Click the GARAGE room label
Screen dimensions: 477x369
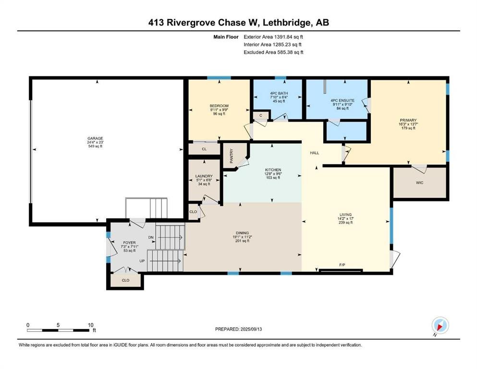tap(95, 138)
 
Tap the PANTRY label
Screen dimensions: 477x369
tap(232, 156)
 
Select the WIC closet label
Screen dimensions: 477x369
tap(419, 183)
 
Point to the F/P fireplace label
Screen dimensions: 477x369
tap(342, 265)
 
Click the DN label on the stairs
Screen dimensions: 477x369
tap(151, 237)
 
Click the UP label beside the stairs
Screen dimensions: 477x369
tap(142, 261)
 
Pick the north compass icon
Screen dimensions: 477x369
tap(440, 326)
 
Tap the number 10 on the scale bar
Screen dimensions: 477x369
tap(91, 325)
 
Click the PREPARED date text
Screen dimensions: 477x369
tap(238, 329)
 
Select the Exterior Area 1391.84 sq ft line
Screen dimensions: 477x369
tap(273, 37)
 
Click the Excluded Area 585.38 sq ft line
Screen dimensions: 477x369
tap(273, 52)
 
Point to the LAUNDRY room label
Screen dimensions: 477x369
tap(204, 176)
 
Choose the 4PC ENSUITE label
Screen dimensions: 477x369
tap(342, 100)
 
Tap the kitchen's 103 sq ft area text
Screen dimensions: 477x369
tap(273, 178)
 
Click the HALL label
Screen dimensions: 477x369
tap(315, 153)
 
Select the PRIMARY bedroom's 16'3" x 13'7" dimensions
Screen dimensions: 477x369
tap(408, 124)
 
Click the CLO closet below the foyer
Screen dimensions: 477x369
tap(126, 280)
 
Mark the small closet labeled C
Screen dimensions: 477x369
tap(261, 116)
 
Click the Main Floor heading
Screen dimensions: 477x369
tap(226, 37)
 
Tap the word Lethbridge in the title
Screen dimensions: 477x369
tap(287, 23)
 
